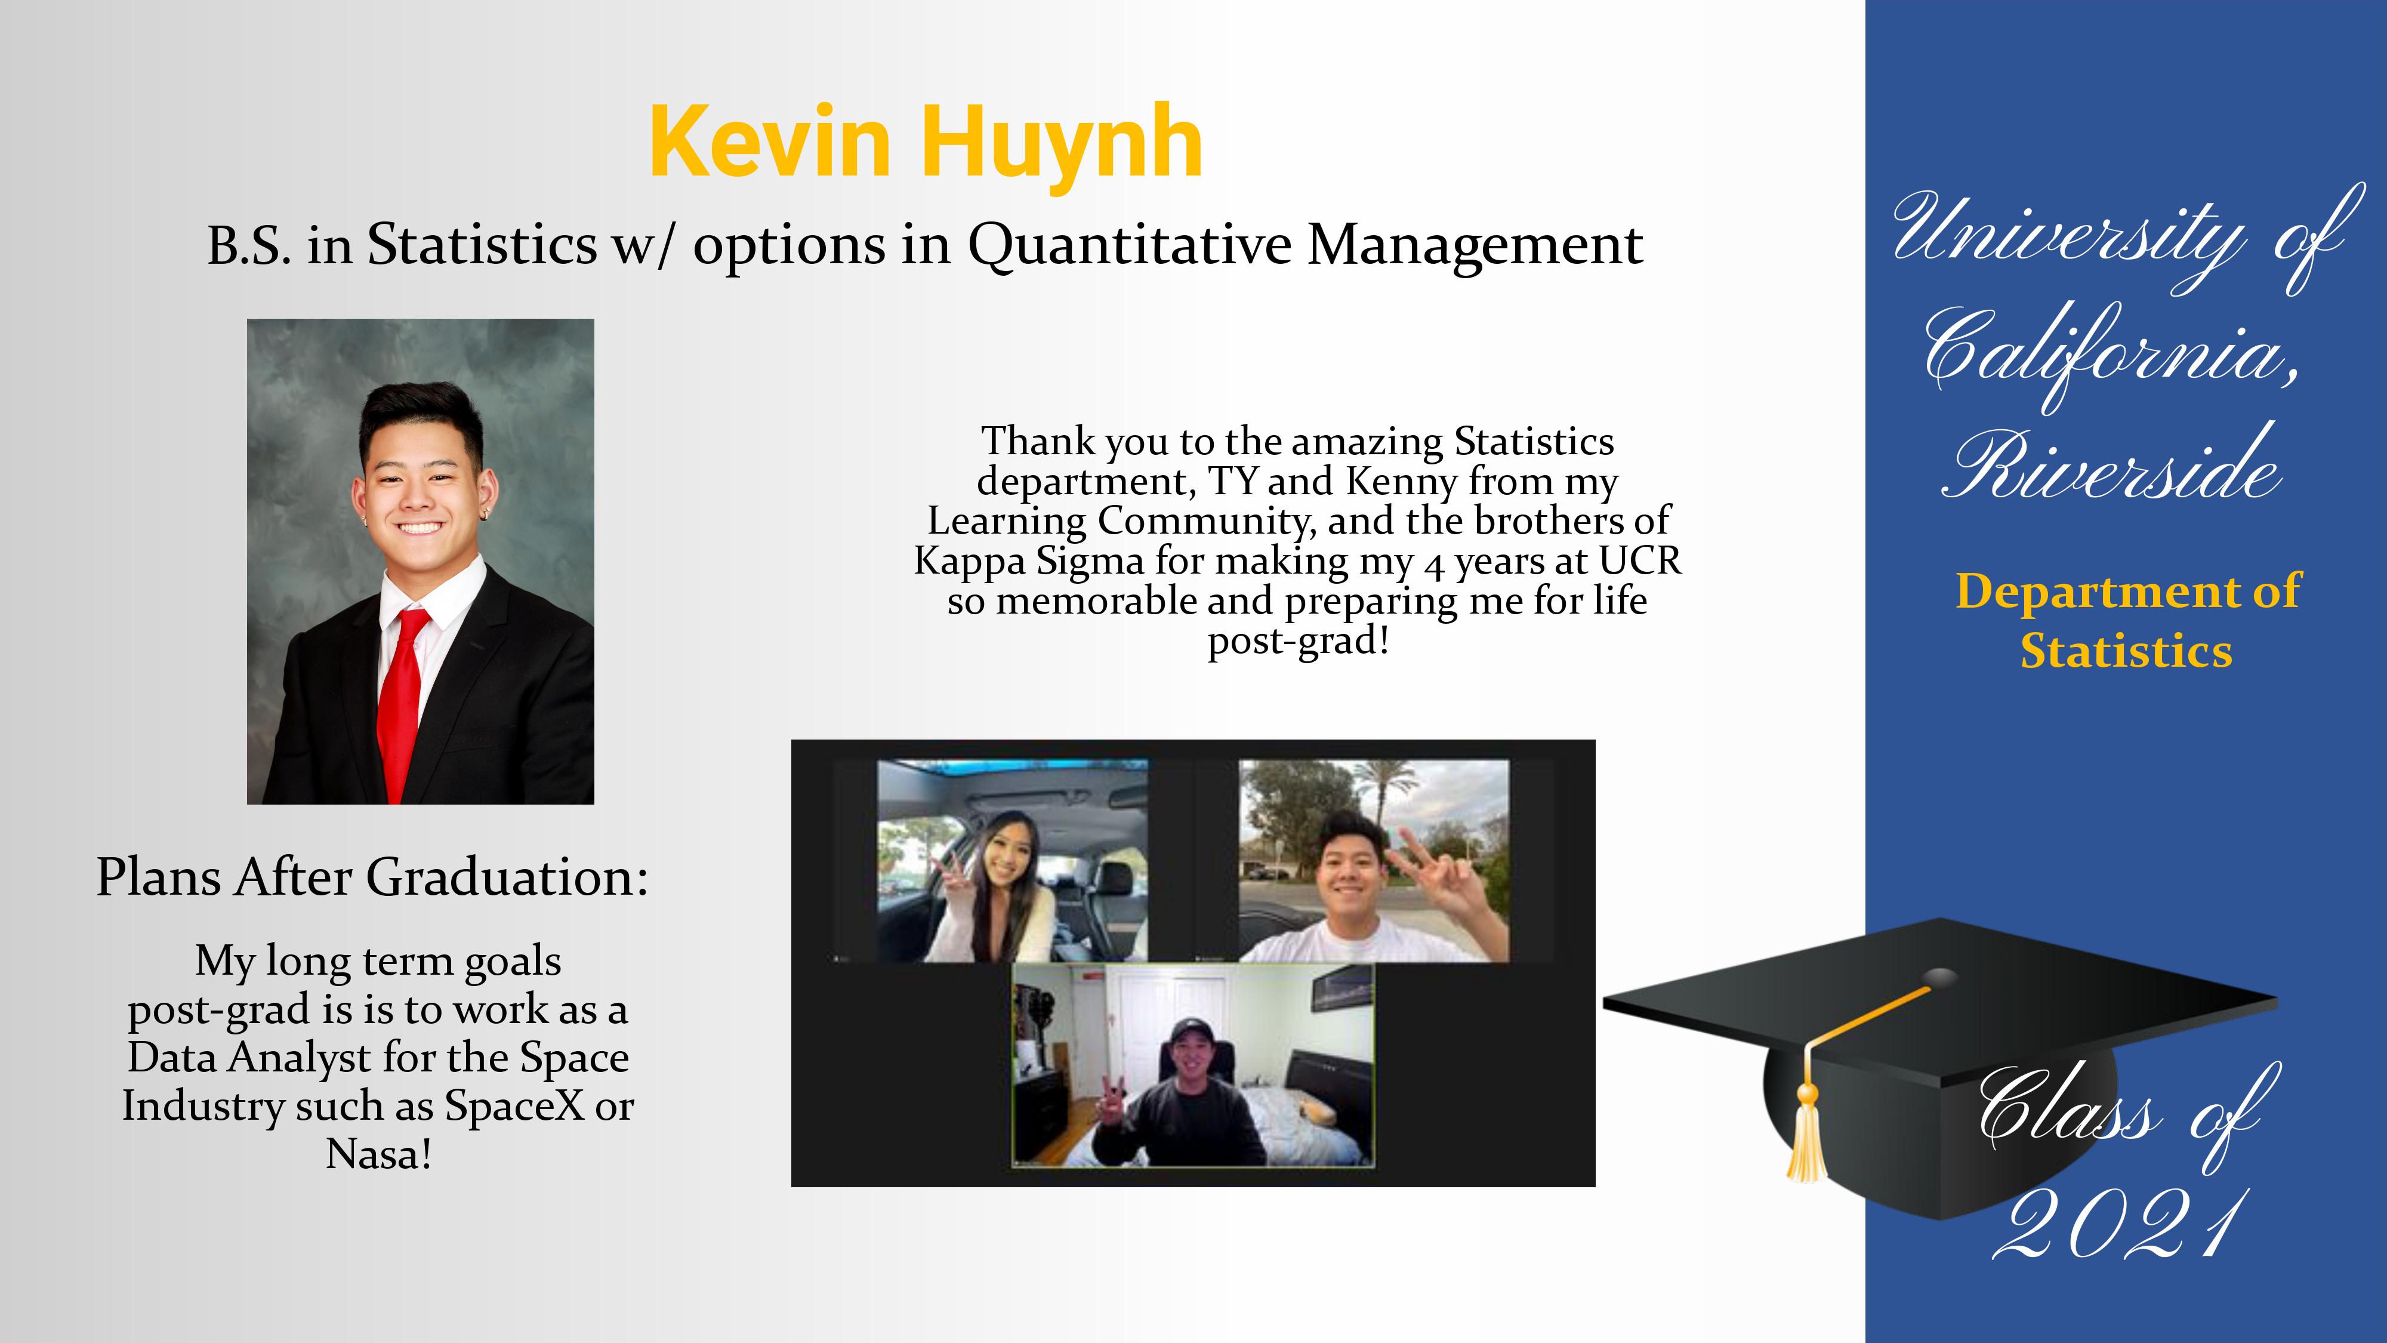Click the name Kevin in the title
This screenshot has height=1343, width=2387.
(770, 142)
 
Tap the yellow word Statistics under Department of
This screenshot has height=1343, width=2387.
(2127, 652)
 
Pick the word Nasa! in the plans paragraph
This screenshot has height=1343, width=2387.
(379, 1154)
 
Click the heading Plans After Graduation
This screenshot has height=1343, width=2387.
(372, 877)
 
